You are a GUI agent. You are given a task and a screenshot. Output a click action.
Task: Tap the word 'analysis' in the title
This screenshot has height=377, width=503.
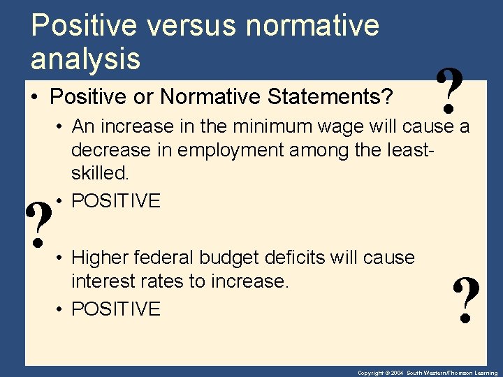coord(85,59)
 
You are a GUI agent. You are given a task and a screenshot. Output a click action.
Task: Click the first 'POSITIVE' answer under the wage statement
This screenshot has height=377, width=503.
coord(116,201)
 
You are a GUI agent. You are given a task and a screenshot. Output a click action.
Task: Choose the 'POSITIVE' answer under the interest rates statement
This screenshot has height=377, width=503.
coord(116,309)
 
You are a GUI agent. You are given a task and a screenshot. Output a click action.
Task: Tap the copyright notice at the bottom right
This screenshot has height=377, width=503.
coord(428,373)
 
